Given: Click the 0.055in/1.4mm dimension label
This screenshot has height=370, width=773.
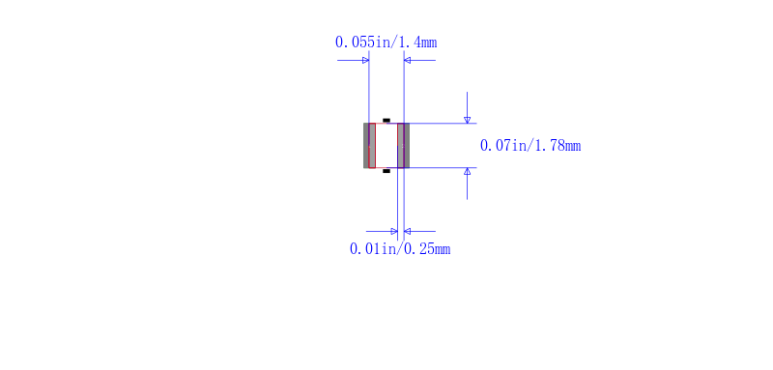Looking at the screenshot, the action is (386, 43).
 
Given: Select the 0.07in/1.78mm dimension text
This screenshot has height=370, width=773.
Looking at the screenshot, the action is (530, 146).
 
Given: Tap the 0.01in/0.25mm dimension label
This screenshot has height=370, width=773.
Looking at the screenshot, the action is (400, 249).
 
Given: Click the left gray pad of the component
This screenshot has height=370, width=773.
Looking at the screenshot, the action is (369, 145).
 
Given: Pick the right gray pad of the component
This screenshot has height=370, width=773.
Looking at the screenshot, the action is (403, 145).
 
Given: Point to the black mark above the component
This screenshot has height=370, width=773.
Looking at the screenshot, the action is (386, 120).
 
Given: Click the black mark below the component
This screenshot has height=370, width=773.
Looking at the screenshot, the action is (386, 171).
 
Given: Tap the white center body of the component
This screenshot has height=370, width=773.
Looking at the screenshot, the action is (386, 145).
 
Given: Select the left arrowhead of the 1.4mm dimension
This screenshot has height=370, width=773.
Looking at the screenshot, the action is (366, 61).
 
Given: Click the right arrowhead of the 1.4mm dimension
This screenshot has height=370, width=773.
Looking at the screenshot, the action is (407, 61).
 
